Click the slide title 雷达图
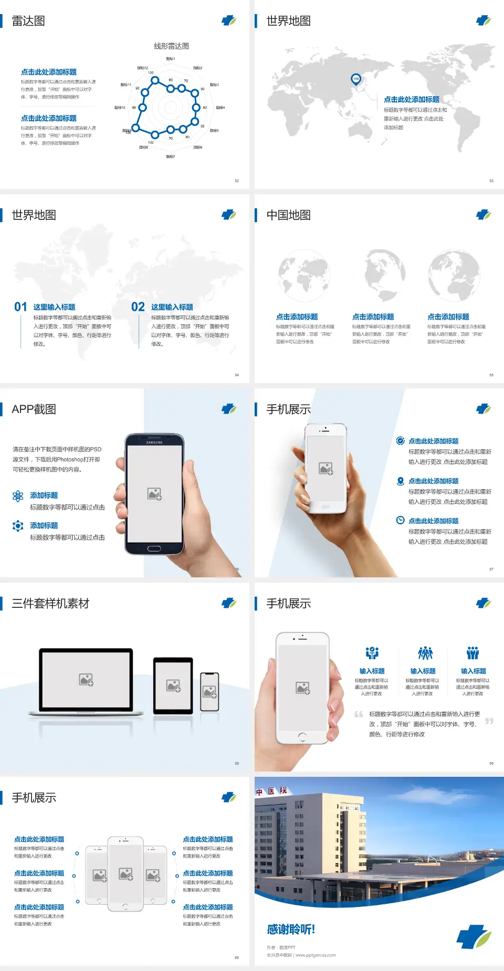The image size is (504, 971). coord(28,21)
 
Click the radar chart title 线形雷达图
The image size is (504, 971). coord(171,46)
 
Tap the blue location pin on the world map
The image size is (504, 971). coord(355,79)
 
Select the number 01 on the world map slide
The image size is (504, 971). coord(20,307)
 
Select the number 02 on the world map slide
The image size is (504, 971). coord(138,307)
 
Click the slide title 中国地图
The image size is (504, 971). coord(288,215)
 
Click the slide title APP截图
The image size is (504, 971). coord(34,409)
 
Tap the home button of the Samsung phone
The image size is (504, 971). coord(154,548)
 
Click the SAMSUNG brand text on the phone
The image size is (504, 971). coord(154,442)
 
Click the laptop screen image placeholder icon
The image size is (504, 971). coord(86,680)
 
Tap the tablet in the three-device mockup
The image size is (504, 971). coord(173,685)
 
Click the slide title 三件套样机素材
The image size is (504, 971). coord(50,604)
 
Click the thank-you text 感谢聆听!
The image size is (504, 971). coord(291,930)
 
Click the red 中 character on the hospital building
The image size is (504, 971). coord(259,793)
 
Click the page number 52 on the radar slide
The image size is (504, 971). coord(237,181)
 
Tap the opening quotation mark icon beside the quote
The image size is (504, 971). coord(359,714)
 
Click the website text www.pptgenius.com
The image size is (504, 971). coord(316,955)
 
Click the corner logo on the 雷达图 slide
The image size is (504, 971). coord(229,20)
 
